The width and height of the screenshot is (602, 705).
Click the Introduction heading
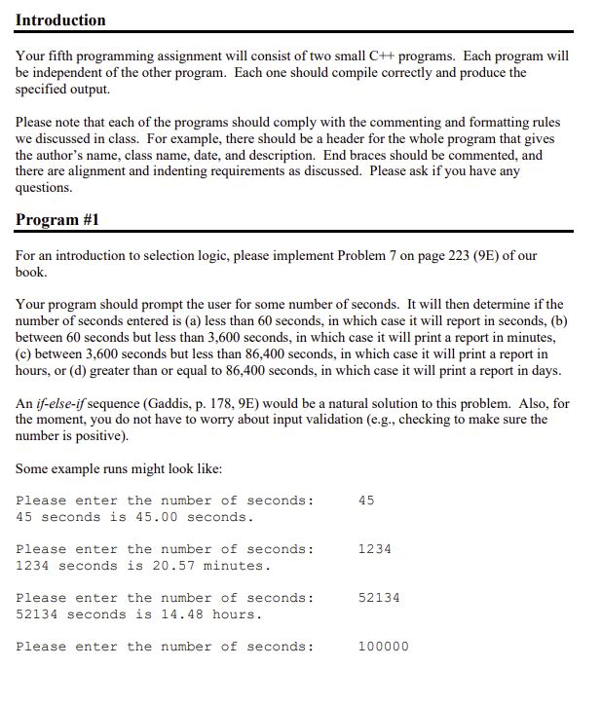coord(60,19)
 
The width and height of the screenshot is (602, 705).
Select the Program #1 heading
coord(57,219)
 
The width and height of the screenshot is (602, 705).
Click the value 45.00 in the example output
coord(145,517)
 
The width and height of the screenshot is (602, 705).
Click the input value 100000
coord(383,647)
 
